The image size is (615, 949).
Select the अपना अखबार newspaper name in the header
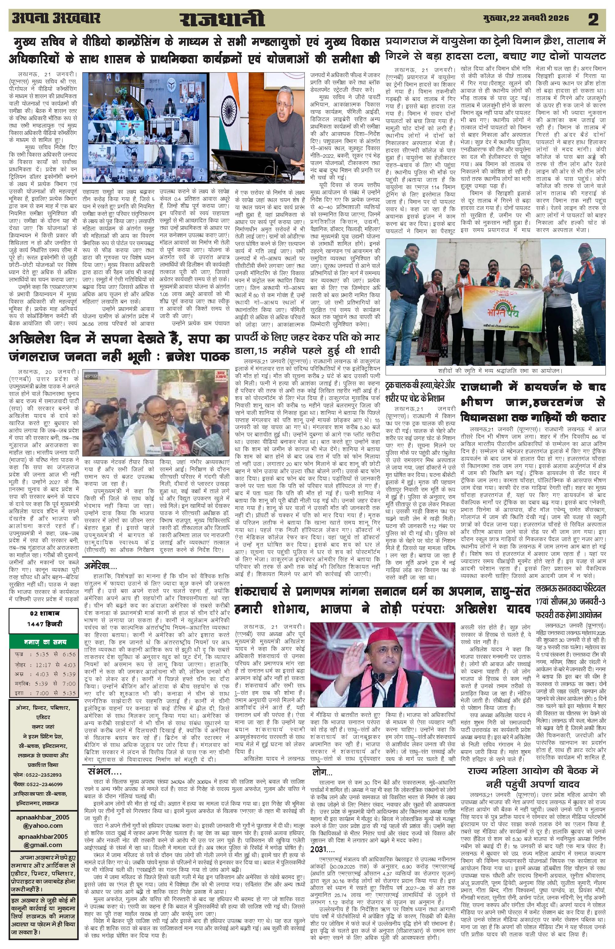point(56,18)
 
